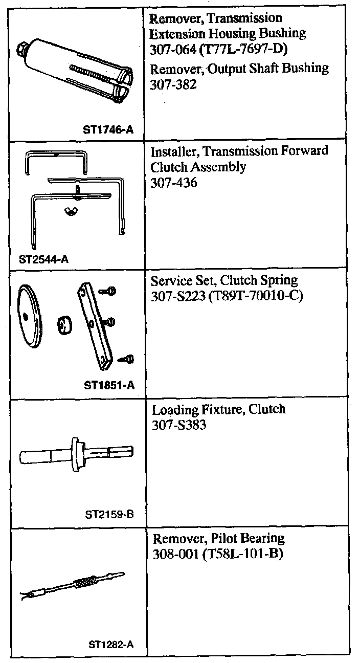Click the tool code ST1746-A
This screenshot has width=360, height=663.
(107, 130)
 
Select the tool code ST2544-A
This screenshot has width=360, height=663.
(43, 259)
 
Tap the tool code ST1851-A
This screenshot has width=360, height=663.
(108, 385)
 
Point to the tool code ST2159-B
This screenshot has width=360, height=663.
(109, 515)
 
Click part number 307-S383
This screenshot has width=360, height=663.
(179, 425)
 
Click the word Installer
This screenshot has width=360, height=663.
(171, 151)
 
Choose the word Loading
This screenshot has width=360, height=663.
(172, 410)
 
